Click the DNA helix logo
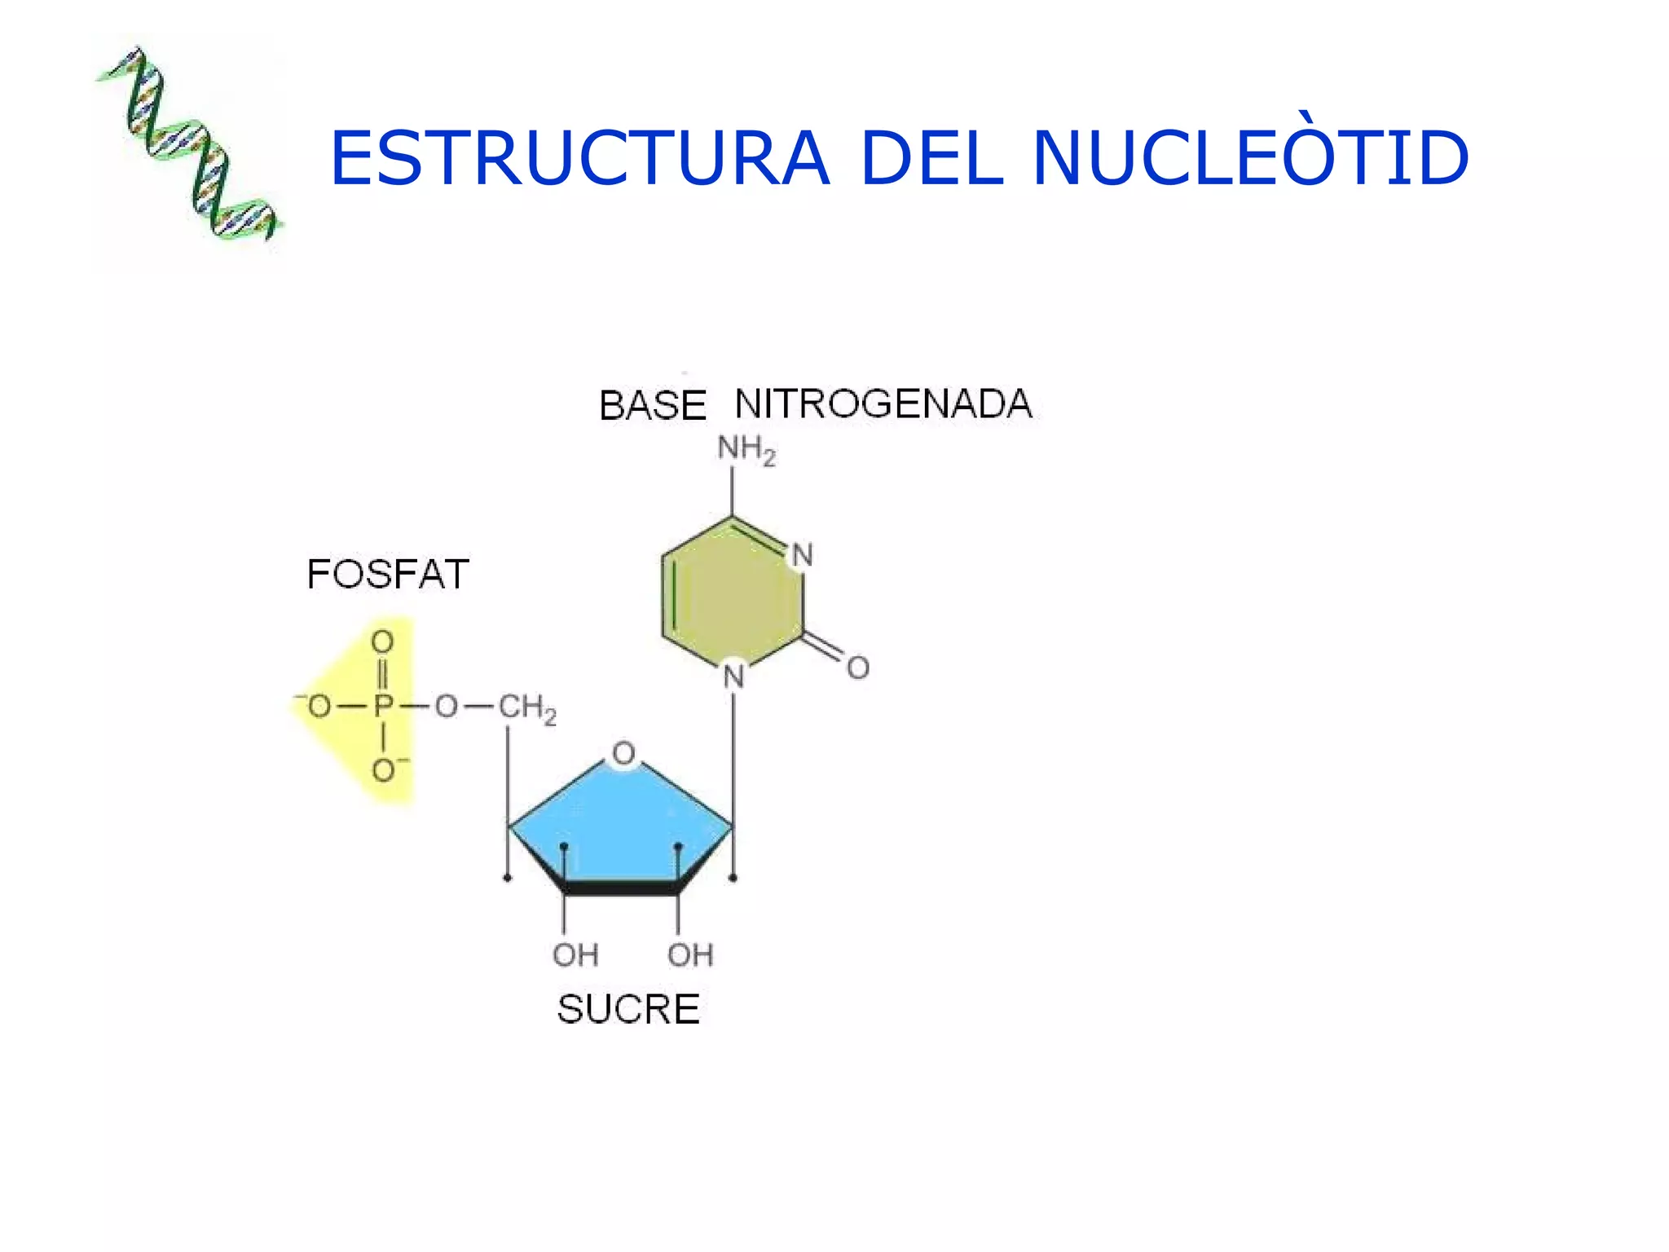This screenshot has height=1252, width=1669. point(190,144)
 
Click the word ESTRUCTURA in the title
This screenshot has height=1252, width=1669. point(579,158)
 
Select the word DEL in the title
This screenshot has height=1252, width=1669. point(930,158)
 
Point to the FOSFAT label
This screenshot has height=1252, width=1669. point(387,574)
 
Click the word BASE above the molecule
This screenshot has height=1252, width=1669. point(652,405)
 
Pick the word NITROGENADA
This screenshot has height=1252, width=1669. point(883,403)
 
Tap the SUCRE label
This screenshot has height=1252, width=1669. point(628,1009)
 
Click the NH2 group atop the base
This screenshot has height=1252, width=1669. point(746,449)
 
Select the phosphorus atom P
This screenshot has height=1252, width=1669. point(383,706)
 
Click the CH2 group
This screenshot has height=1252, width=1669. point(526,708)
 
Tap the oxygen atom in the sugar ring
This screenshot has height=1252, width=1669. point(624,753)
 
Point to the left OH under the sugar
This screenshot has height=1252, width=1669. point(575,954)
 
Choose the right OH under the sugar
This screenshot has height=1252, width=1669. point(690,954)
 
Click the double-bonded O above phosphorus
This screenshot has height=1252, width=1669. point(382,642)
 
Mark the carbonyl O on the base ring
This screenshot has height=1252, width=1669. point(858,668)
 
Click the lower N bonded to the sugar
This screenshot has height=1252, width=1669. point(734,676)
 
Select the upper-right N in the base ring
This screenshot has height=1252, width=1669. point(803,555)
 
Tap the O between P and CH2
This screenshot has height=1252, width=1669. point(446,706)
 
